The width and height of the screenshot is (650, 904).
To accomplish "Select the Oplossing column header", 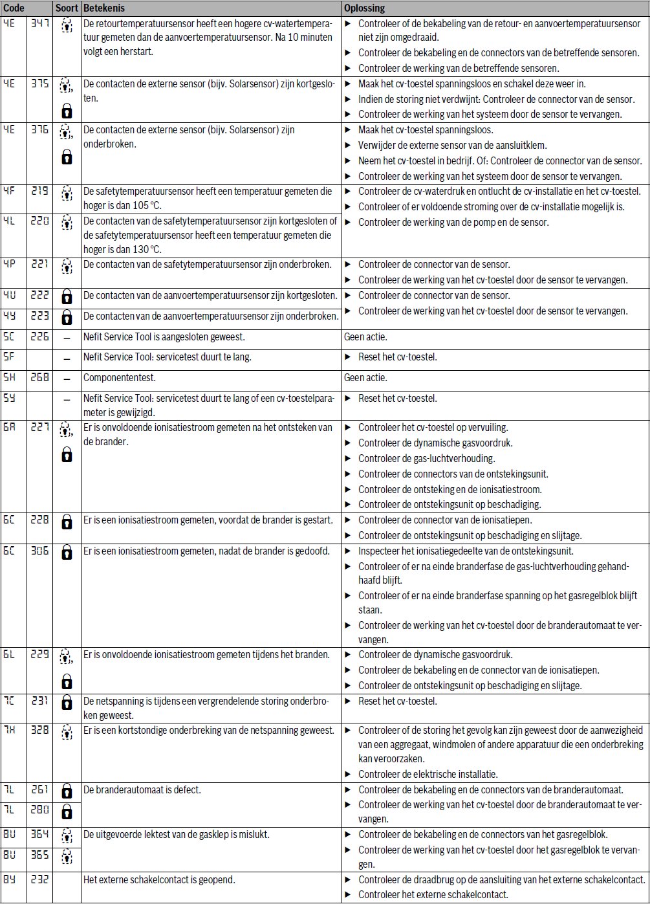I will coord(364,9).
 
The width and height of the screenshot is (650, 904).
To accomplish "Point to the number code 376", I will coord(39,130).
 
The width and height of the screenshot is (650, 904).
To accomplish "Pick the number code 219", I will coord(39,192).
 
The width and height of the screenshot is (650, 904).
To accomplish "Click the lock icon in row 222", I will coord(66,297).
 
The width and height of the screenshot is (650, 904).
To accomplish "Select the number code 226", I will coord(39,337).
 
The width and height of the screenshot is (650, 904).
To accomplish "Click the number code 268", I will coord(39,378).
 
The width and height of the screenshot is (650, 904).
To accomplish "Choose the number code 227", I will coord(39,428).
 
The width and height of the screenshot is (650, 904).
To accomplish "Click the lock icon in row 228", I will coord(66,521).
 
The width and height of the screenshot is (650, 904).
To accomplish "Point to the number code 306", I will coord(39,552).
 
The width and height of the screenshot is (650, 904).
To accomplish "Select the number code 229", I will coord(39,654).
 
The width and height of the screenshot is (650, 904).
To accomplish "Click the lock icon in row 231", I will coord(66,702).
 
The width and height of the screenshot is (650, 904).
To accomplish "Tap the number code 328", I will coord(39,731).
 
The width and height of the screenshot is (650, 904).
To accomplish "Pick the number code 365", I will coord(39,855).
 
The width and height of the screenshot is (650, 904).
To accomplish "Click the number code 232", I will coord(39,881).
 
